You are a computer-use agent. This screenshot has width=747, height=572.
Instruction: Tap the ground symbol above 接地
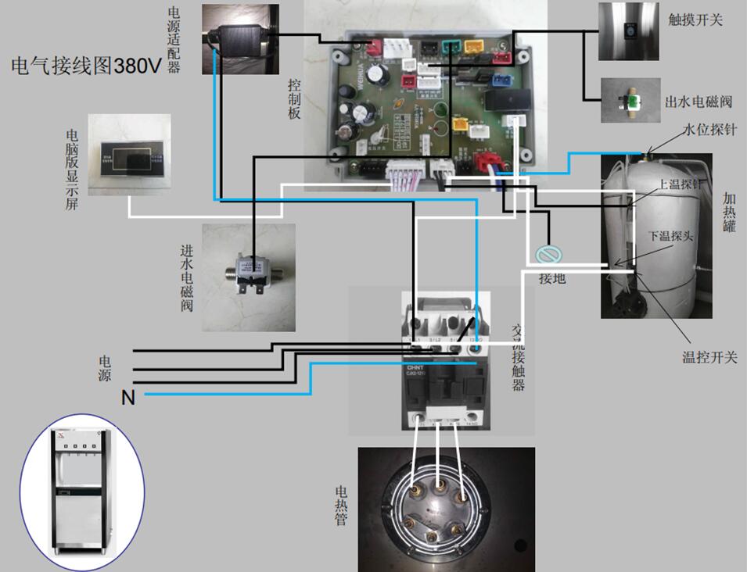[547, 255]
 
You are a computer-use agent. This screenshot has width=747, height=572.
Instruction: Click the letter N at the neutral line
[128, 399]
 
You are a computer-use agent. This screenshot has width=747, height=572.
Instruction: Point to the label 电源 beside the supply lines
[104, 368]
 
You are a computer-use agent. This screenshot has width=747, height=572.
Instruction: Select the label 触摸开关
[696, 20]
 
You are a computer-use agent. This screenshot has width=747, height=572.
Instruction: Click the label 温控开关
[710, 357]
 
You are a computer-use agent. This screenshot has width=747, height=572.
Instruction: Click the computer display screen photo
[128, 154]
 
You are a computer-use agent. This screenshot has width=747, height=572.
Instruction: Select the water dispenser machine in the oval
[82, 492]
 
